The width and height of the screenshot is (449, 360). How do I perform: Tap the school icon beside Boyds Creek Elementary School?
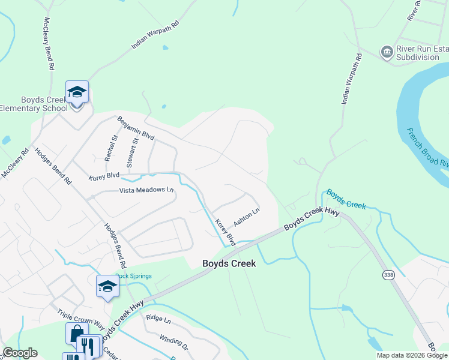point(77,92)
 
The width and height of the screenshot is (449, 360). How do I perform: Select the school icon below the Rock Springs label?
point(107,286)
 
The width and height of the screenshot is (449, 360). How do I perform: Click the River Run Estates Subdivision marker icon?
point(387,52)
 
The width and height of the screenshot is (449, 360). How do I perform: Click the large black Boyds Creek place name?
point(229,263)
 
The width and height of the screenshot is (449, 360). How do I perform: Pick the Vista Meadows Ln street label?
point(146,190)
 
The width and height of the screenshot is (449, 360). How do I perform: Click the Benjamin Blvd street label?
point(136,128)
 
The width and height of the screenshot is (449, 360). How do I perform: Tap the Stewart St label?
point(131,152)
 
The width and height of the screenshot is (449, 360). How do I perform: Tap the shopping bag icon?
point(76,334)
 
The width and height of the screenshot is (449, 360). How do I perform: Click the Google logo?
point(20,353)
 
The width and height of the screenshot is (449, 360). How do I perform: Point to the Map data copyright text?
point(412,355)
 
